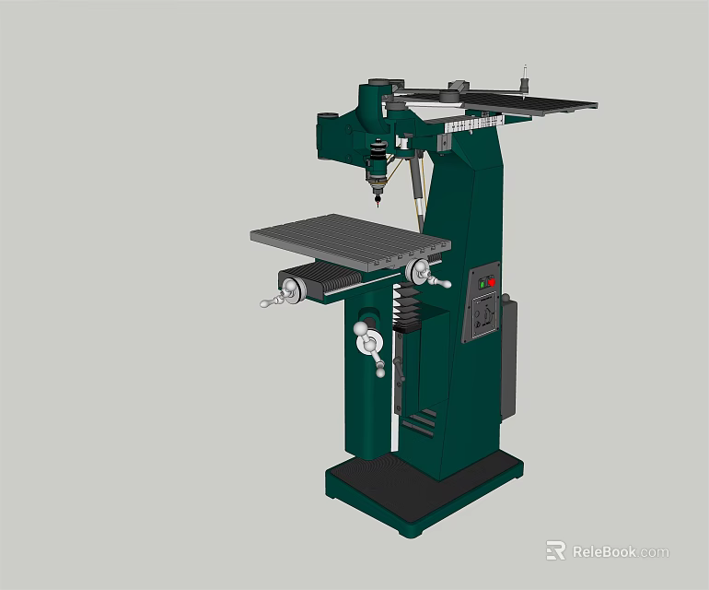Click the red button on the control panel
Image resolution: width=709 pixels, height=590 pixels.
coord(492,280)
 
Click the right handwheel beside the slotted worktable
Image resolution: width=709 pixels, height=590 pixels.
coord(421,271)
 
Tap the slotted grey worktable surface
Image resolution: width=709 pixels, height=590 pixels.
coord(350,239)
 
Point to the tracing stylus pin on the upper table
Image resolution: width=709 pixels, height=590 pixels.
coord(526,78)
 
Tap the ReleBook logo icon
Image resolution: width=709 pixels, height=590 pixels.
coord(555,550)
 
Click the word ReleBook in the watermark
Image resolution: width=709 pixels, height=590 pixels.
coord(603,552)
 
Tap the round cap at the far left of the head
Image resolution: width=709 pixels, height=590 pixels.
coord(327,118)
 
